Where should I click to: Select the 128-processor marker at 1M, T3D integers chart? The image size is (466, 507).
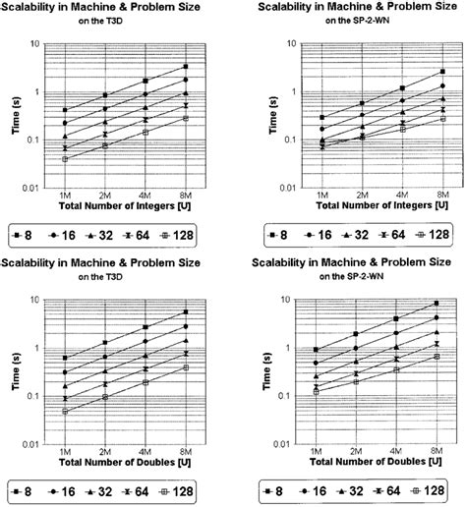coord(65,158)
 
